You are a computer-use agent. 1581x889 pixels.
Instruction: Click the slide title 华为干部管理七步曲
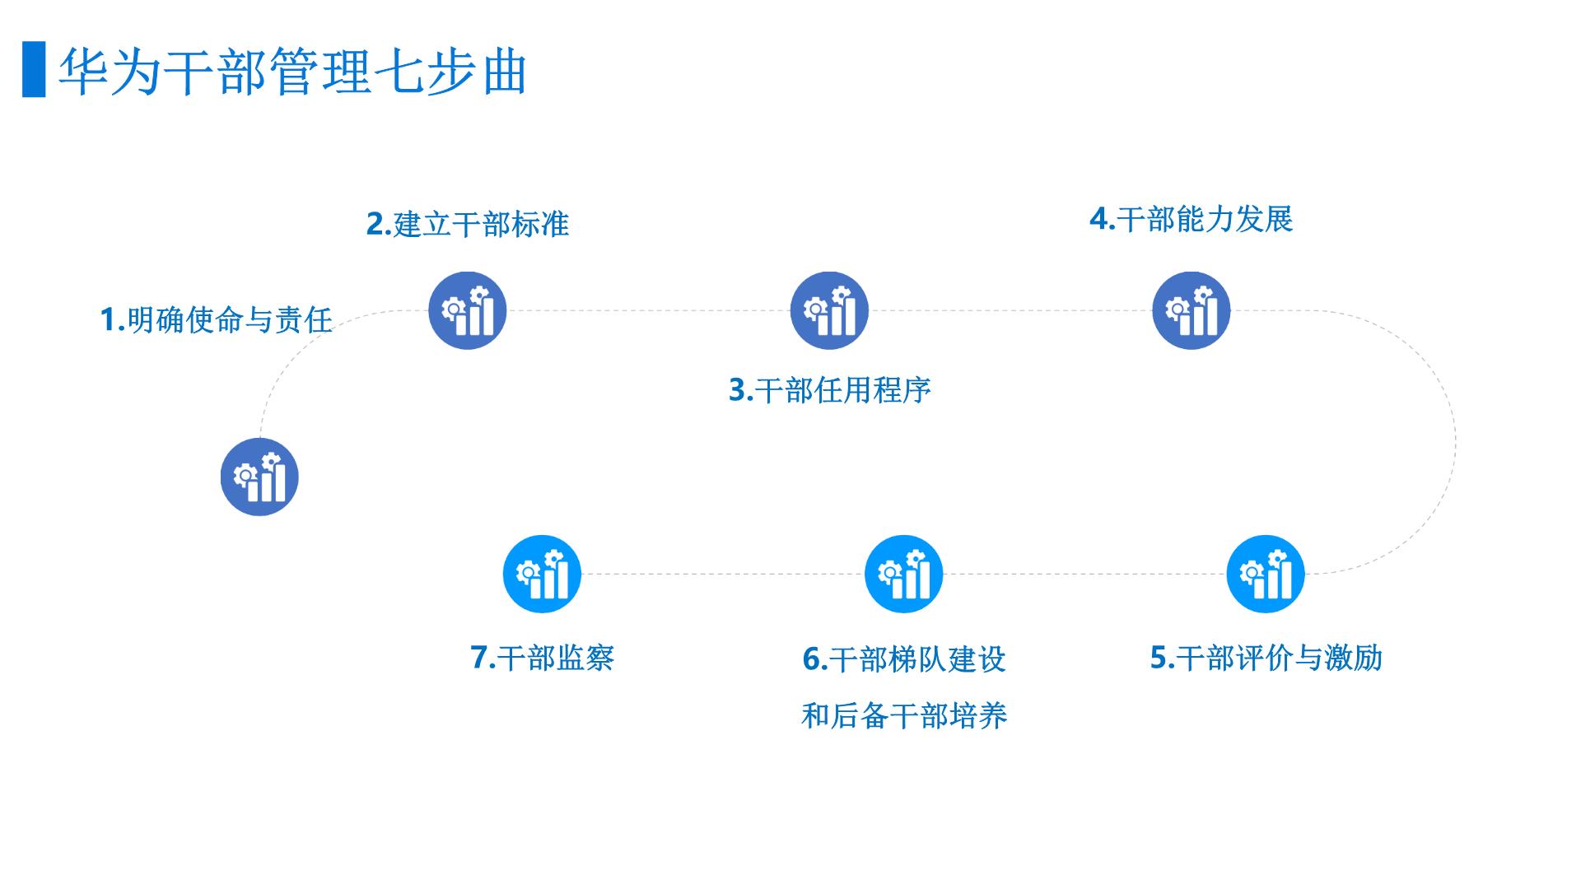click(x=293, y=72)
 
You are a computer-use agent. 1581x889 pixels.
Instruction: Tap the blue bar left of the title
click(x=34, y=69)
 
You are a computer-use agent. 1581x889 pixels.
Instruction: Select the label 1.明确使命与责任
click(x=216, y=319)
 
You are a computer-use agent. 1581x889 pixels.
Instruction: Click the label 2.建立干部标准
click(x=468, y=224)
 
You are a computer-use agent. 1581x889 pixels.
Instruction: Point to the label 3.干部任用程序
click(x=830, y=390)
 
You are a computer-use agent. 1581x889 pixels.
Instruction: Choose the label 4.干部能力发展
click(x=1192, y=219)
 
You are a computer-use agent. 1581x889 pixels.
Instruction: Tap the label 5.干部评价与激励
click(x=1266, y=658)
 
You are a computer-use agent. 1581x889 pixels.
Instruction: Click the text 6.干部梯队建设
click(x=904, y=659)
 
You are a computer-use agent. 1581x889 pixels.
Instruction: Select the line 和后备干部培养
click(x=904, y=716)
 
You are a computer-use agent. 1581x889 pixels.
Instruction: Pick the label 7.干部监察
click(x=543, y=658)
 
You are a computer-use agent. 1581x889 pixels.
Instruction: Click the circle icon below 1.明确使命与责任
click(x=259, y=477)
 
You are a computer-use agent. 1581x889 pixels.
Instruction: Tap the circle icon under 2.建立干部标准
click(x=467, y=310)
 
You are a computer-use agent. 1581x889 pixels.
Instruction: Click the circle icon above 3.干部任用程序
click(x=829, y=310)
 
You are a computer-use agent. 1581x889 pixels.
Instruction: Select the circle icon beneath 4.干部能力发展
click(x=1191, y=310)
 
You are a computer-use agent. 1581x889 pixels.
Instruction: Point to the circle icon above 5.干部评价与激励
click(x=1266, y=574)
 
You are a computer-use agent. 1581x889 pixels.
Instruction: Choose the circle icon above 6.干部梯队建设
click(x=903, y=574)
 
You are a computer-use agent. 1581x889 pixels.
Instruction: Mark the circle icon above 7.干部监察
click(x=542, y=574)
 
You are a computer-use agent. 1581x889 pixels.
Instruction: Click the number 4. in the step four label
click(x=1103, y=219)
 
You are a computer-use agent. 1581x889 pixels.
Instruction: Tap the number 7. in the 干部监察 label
click(x=483, y=658)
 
